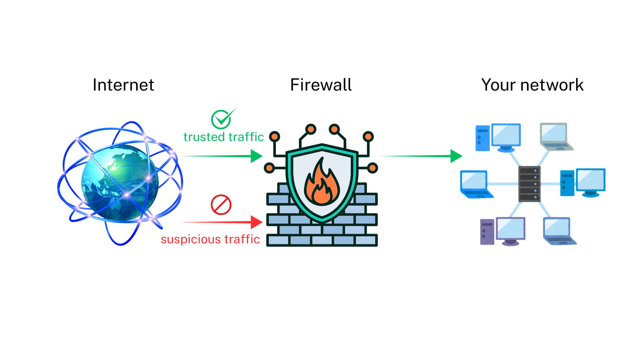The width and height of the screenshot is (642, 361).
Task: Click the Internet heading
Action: [x=123, y=85]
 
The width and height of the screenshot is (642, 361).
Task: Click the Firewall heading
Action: [x=321, y=85]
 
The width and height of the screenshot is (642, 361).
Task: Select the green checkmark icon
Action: [x=221, y=119]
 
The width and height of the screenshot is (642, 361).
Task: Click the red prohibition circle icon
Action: [x=221, y=205]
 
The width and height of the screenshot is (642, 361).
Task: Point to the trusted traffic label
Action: [x=223, y=137]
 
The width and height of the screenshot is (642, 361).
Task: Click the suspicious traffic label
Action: [x=210, y=239]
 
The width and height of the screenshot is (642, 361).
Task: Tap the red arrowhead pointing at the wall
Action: [x=256, y=222]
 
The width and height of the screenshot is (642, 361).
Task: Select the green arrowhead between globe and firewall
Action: [x=256, y=156]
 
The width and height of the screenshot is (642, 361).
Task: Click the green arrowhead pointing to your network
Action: [x=456, y=156]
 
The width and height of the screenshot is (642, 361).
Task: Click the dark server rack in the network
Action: [x=529, y=184]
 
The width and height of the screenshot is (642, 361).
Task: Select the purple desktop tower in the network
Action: [x=487, y=232]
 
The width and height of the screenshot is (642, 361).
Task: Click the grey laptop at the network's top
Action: [x=555, y=136]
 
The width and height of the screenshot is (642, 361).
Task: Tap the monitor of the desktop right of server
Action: [x=591, y=180]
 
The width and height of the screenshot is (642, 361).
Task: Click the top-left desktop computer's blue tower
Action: [x=482, y=138]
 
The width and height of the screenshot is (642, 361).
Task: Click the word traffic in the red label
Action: [x=242, y=239]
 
